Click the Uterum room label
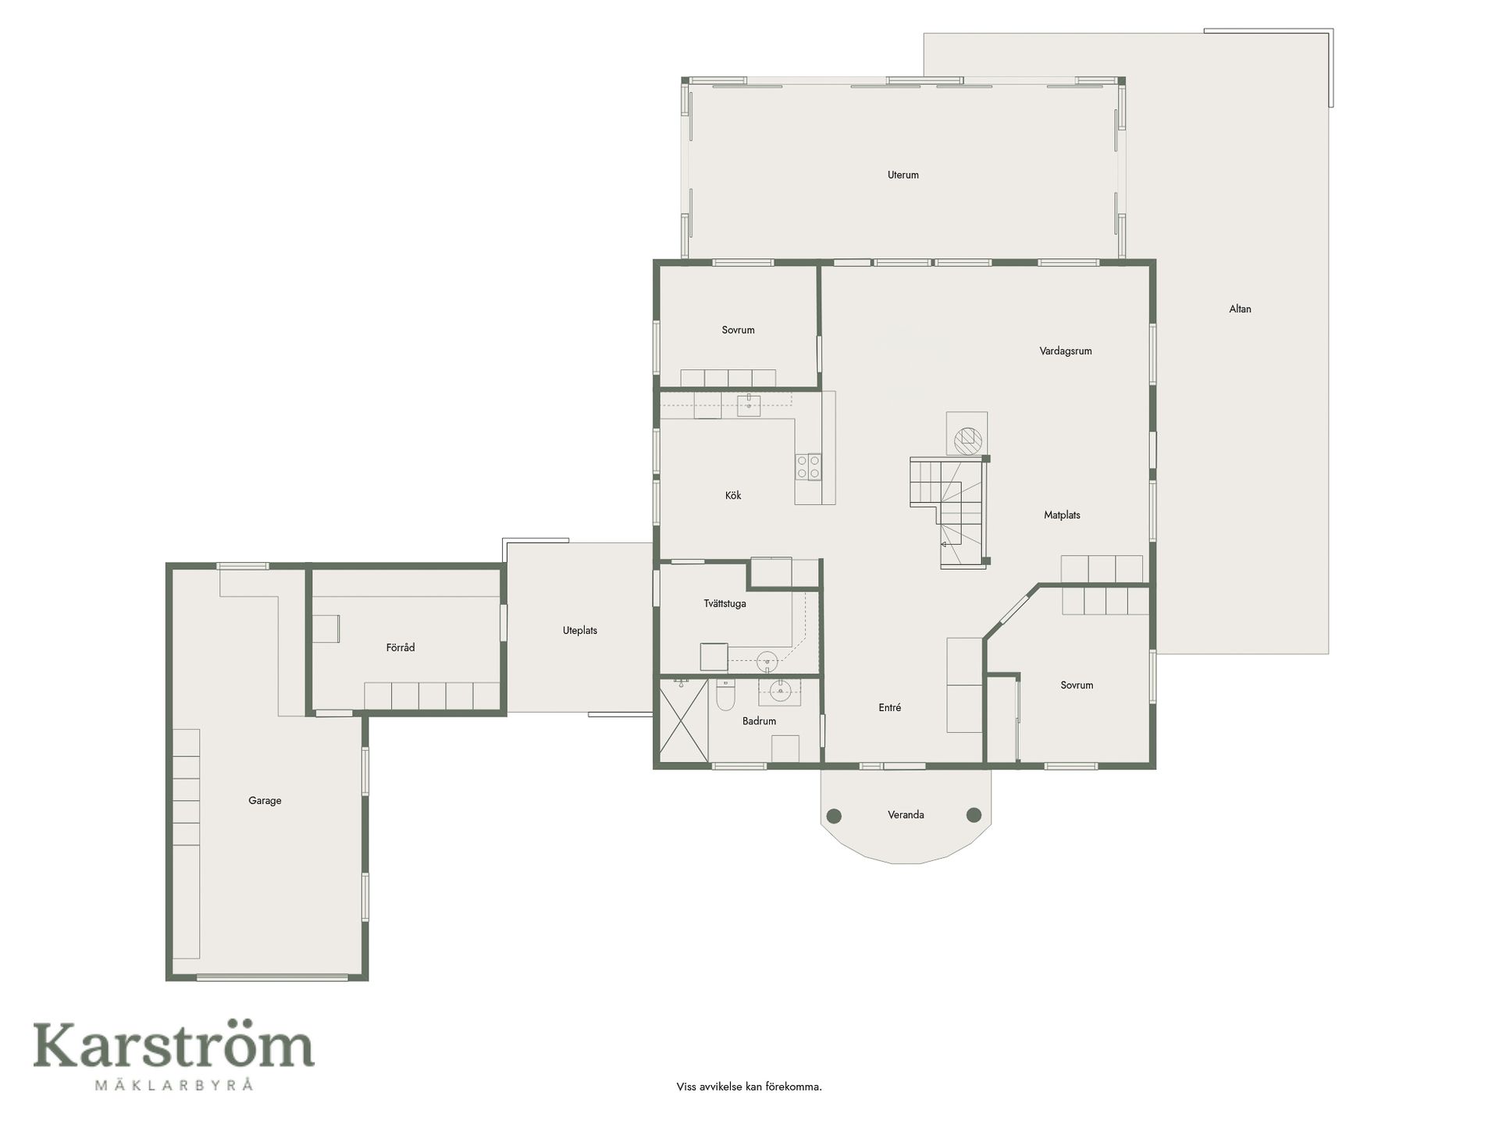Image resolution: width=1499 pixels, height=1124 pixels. point(903,175)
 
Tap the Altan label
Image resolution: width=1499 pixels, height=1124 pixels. point(1240,309)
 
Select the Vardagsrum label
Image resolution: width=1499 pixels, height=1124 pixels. point(1065,351)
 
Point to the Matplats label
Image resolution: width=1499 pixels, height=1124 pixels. point(1062,515)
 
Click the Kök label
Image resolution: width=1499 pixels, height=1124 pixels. point(732,495)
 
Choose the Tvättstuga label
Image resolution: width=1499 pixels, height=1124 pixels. point(725,603)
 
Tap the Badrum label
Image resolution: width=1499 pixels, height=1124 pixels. point(759,721)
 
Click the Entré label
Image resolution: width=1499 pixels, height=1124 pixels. point(889,707)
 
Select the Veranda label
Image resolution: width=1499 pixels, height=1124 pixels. point(906,815)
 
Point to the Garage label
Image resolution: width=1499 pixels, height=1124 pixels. point(265,800)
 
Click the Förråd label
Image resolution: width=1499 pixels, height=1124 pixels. point(401,647)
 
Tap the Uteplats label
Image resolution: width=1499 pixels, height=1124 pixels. point(579,630)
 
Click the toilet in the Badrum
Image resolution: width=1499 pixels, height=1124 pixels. point(725,695)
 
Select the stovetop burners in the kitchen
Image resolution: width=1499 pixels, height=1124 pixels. point(808,467)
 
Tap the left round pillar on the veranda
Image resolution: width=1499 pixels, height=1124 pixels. point(834,816)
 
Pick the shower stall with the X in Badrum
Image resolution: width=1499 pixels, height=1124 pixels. point(684,720)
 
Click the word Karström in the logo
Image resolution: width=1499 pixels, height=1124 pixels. point(173,1046)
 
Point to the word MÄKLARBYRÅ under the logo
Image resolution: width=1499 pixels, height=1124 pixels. point(173,1084)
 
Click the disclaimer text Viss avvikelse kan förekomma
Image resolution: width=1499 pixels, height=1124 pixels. point(749,1087)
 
